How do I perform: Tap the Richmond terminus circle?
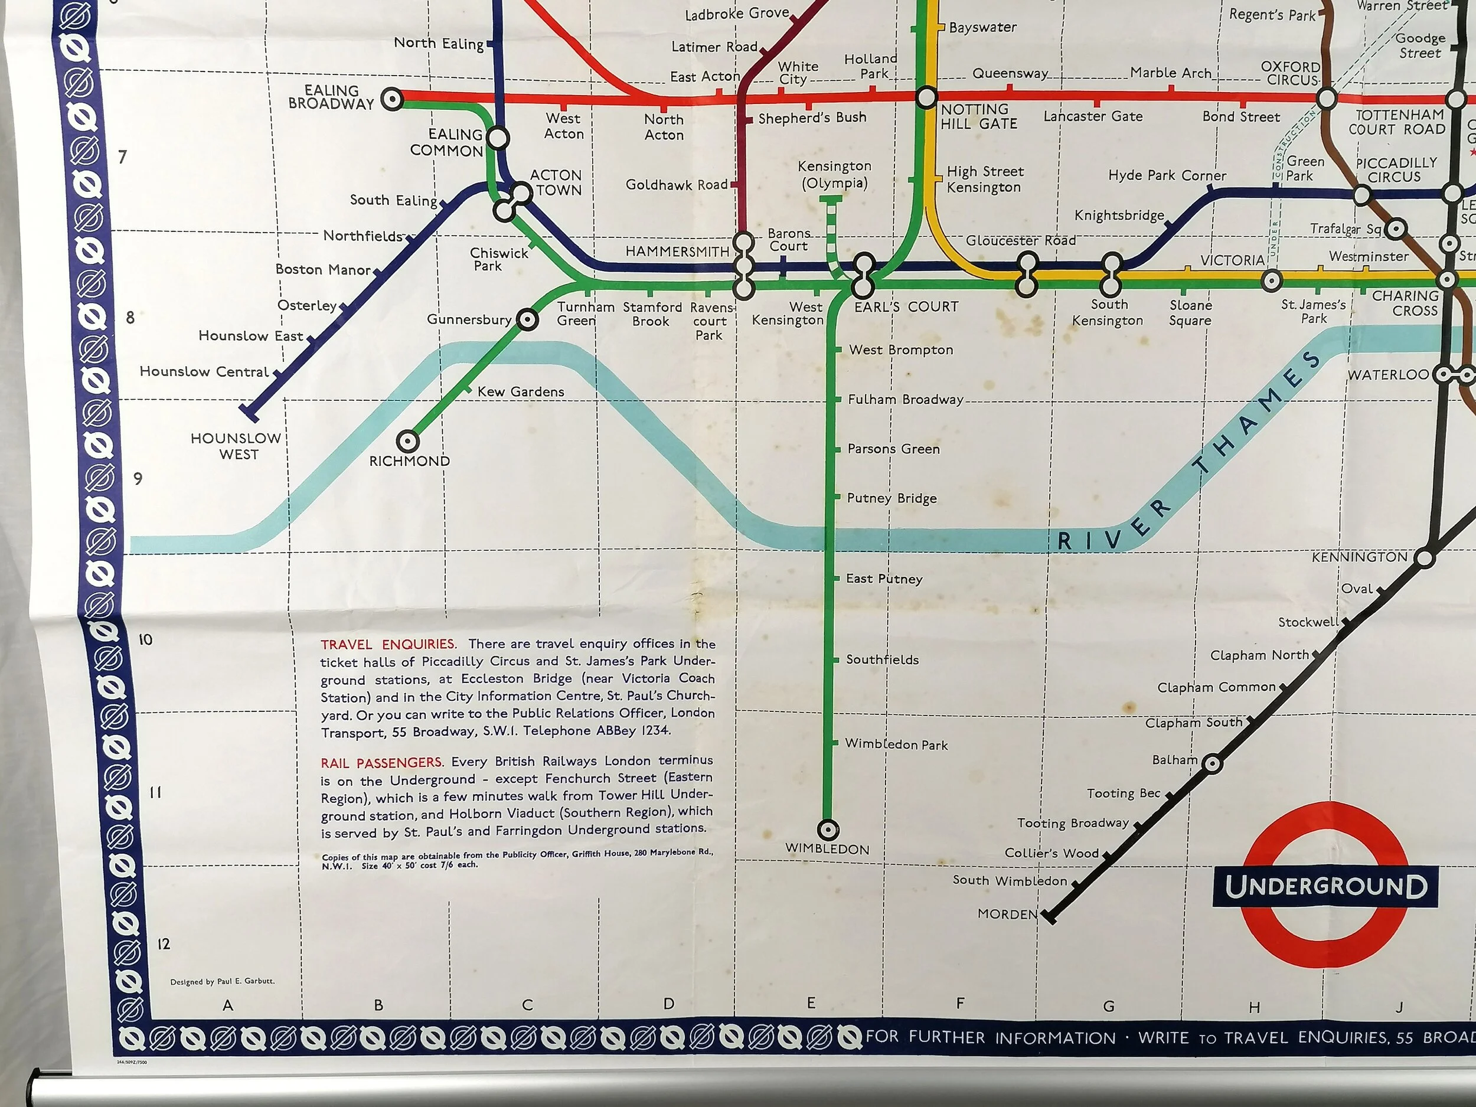(408, 441)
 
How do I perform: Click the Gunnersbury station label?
(469, 319)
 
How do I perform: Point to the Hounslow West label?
(236, 446)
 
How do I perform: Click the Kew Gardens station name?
(521, 391)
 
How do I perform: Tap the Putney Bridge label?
(892, 498)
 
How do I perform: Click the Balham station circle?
(1213, 764)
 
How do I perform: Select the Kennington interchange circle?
(1424, 559)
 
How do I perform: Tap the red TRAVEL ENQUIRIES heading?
(388, 645)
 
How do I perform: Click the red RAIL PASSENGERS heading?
(381, 763)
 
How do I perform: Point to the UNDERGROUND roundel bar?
(1325, 887)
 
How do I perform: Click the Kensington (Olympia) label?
(834, 175)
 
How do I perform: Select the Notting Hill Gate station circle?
(926, 98)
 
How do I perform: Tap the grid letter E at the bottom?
(811, 1003)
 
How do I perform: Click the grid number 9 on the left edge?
(138, 478)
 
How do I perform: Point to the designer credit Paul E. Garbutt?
(222, 982)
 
